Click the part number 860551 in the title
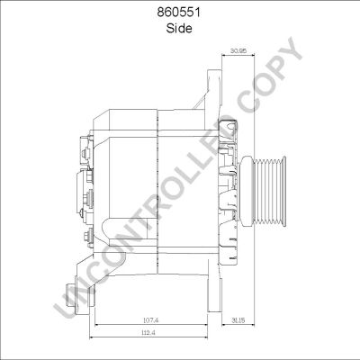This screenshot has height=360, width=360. [179, 13]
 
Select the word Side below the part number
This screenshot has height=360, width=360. [179, 29]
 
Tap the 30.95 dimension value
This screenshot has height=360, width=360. [238, 50]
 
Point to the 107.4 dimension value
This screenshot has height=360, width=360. [150, 320]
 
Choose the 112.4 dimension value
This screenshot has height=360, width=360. [148, 332]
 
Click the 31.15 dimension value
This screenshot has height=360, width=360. [238, 320]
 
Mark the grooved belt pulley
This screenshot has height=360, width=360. [263, 191]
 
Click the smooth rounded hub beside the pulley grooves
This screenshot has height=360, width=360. [246, 191]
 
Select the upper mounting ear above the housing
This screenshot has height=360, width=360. [214, 90]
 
